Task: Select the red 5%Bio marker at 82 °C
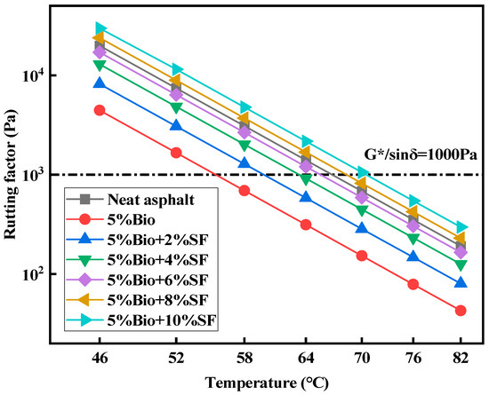[460, 311]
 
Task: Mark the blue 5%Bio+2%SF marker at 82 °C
[460, 283]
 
